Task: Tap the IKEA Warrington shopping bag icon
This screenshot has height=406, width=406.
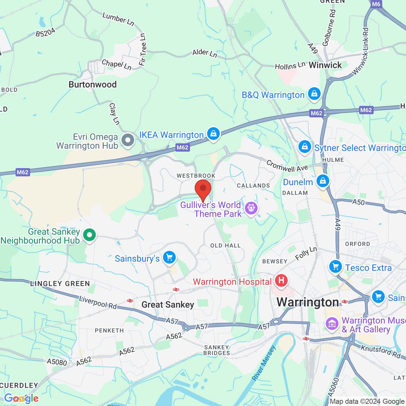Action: point(213,134)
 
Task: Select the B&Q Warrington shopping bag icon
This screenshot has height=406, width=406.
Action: point(314,94)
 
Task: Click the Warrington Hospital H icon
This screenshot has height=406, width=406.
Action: point(281,280)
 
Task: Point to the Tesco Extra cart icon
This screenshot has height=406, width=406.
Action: point(335,267)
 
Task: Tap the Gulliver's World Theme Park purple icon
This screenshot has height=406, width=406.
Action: point(251,208)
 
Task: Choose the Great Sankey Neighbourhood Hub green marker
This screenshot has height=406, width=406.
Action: point(89,235)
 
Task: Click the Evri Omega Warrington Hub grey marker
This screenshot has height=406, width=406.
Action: point(128,140)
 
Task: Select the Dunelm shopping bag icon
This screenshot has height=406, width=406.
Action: point(323,181)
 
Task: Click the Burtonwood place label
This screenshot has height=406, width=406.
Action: point(93,84)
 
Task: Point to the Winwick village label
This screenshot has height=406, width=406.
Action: point(325,65)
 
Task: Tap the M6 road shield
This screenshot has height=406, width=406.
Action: point(376,4)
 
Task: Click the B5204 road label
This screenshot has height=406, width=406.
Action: point(45,32)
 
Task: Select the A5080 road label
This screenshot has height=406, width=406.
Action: point(57,362)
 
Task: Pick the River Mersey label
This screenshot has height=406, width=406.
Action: point(264,363)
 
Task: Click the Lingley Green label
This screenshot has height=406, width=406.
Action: point(60,284)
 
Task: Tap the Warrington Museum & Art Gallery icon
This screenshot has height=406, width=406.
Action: point(332,324)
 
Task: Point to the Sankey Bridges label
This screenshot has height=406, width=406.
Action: point(217,350)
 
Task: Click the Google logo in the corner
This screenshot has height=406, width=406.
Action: point(21,398)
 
